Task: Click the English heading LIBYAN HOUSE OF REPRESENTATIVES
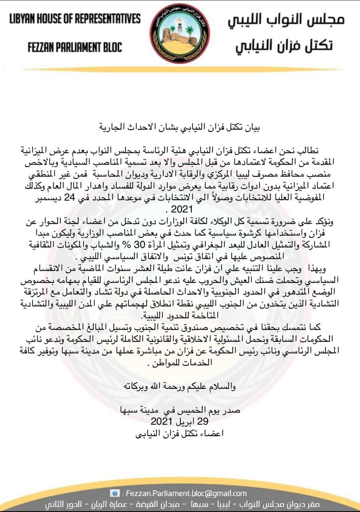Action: point(75,19)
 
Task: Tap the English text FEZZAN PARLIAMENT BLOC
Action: point(75,48)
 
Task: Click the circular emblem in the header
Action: point(180,33)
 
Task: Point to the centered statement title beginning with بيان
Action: point(180,128)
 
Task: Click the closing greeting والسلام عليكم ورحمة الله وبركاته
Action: point(180,386)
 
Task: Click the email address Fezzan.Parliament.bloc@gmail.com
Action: point(186,493)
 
